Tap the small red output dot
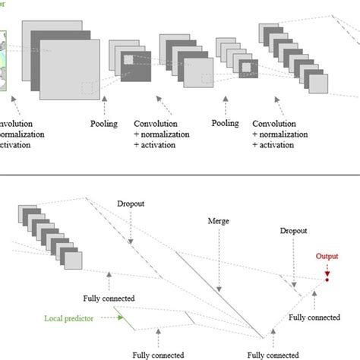pyautogui.click(x=327, y=279)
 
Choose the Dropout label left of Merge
pyautogui.click(x=131, y=204)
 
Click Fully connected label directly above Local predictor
pyautogui.click(x=108, y=299)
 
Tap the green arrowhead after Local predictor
pyautogui.click(x=121, y=320)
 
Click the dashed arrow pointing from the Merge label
pyautogui.click(x=218, y=258)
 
